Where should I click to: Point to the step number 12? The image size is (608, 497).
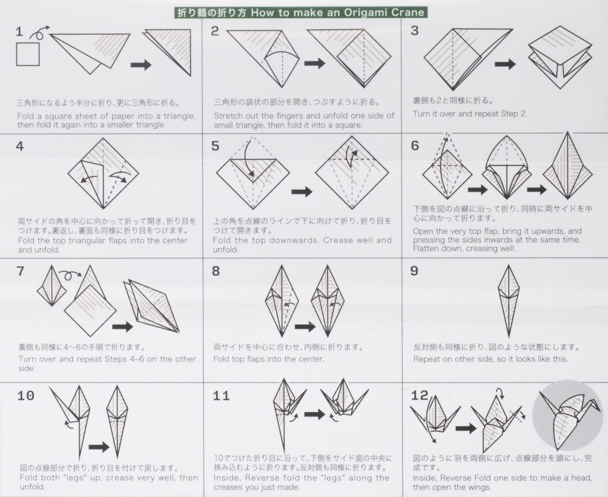coord(419,395)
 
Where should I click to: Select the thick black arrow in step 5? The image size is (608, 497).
coord(303,192)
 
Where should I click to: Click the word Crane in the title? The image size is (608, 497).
coord(410,12)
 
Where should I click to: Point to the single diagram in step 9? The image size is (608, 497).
coord(508,300)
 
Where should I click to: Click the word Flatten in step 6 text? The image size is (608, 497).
coord(429,249)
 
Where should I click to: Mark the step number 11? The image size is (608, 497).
coord(221,396)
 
